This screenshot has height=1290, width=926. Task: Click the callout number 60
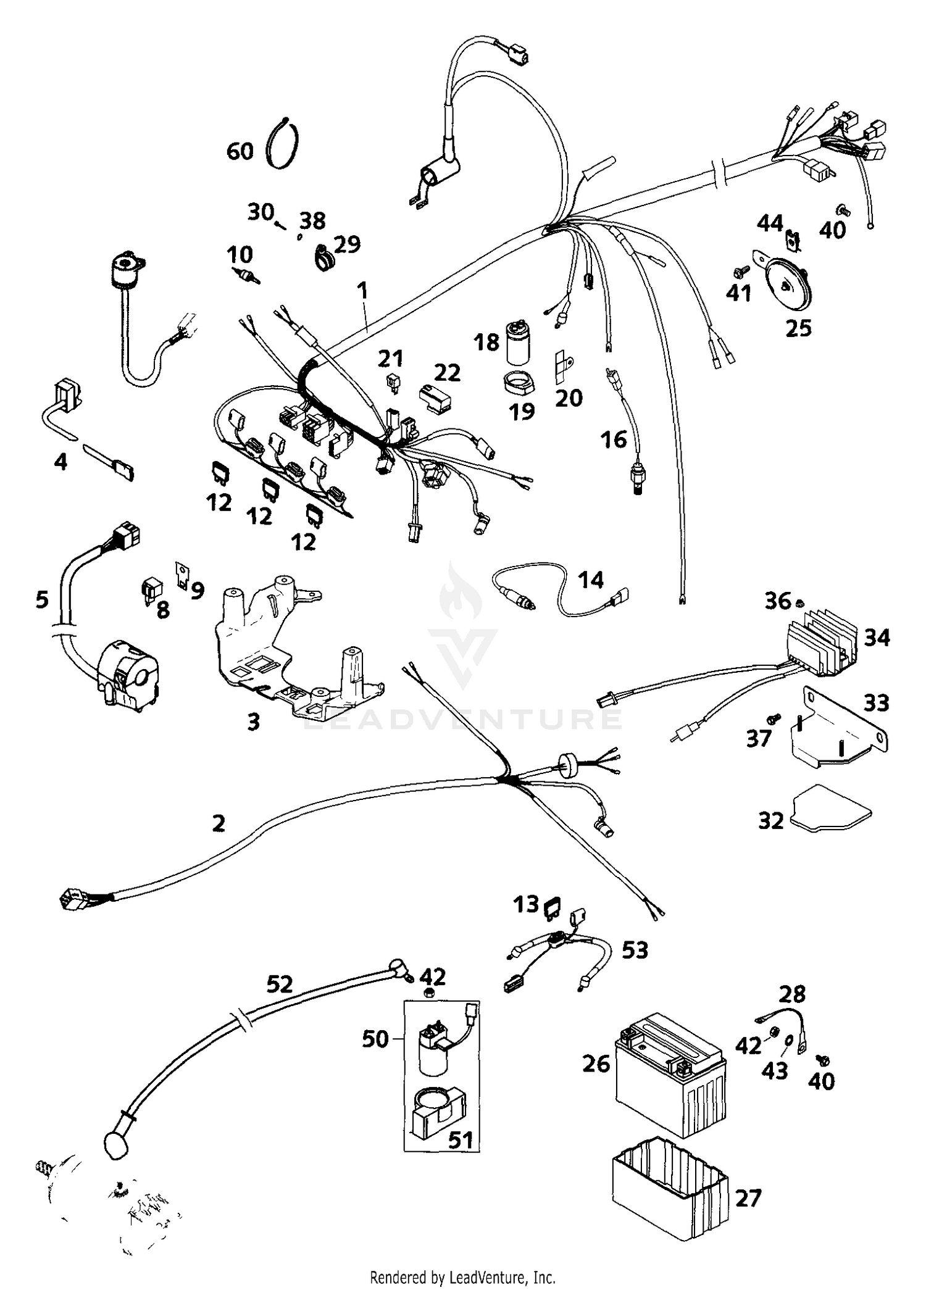[x=240, y=151]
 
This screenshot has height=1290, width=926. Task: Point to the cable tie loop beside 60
[x=283, y=143]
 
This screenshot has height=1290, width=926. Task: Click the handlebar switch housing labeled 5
[x=127, y=676]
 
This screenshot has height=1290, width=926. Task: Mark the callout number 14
[x=591, y=580]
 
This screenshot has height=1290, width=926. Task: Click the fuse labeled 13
[x=552, y=907]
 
